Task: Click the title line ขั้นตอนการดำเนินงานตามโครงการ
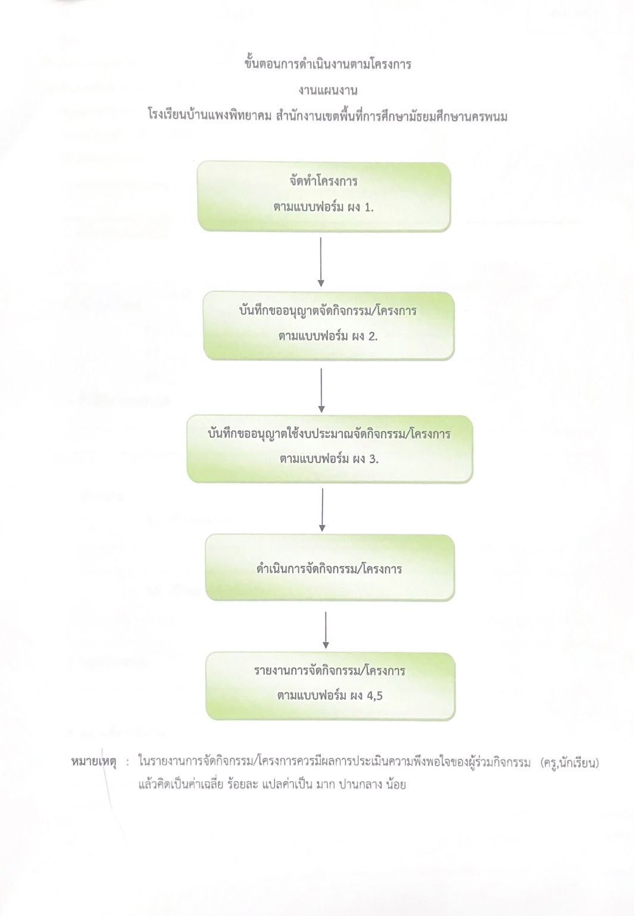pyautogui.click(x=327, y=65)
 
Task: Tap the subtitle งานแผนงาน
pyautogui.click(x=327, y=90)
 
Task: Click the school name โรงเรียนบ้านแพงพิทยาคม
pyautogui.click(x=210, y=117)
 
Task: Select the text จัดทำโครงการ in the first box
pyautogui.click(x=323, y=181)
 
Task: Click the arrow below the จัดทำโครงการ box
pyautogui.click(x=321, y=262)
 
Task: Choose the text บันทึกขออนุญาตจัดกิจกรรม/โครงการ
pyautogui.click(x=327, y=311)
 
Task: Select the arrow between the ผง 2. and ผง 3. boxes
pyautogui.click(x=321, y=390)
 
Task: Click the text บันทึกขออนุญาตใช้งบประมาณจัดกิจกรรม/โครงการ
pyautogui.click(x=329, y=434)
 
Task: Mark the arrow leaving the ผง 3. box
pyautogui.click(x=322, y=509)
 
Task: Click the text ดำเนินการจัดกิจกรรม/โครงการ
pyautogui.click(x=329, y=569)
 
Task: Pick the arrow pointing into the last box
pyautogui.click(x=326, y=630)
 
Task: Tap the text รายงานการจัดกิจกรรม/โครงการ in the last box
pyautogui.click(x=330, y=671)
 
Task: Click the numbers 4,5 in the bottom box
pyautogui.click(x=374, y=696)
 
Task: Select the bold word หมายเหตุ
pyautogui.click(x=93, y=762)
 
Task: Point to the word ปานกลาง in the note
pyautogui.click(x=358, y=784)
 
